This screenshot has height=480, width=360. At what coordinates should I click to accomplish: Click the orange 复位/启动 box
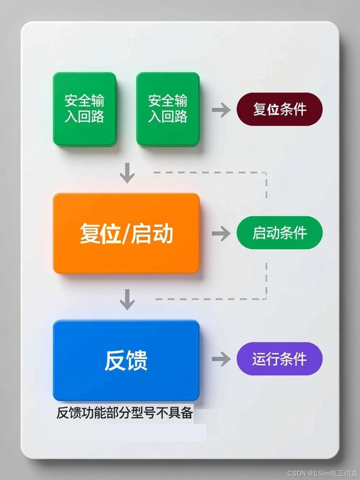click(126, 233)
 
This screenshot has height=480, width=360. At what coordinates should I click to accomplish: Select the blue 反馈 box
click(126, 360)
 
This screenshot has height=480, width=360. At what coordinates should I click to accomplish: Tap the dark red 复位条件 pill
click(280, 109)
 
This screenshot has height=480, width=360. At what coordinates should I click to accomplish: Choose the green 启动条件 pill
click(280, 233)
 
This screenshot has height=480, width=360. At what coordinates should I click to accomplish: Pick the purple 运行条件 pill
click(280, 359)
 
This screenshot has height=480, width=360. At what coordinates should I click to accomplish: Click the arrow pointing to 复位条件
click(221, 110)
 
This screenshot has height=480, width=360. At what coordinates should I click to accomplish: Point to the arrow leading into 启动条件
click(221, 234)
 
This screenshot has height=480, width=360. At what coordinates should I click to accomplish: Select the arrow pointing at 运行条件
click(221, 359)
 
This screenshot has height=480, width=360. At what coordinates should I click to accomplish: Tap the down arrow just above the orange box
click(127, 173)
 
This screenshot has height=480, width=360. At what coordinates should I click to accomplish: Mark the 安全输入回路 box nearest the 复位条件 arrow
click(168, 109)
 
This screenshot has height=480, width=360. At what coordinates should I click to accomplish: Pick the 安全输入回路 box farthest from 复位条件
click(84, 109)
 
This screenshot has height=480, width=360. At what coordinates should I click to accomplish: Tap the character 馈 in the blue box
click(137, 360)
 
